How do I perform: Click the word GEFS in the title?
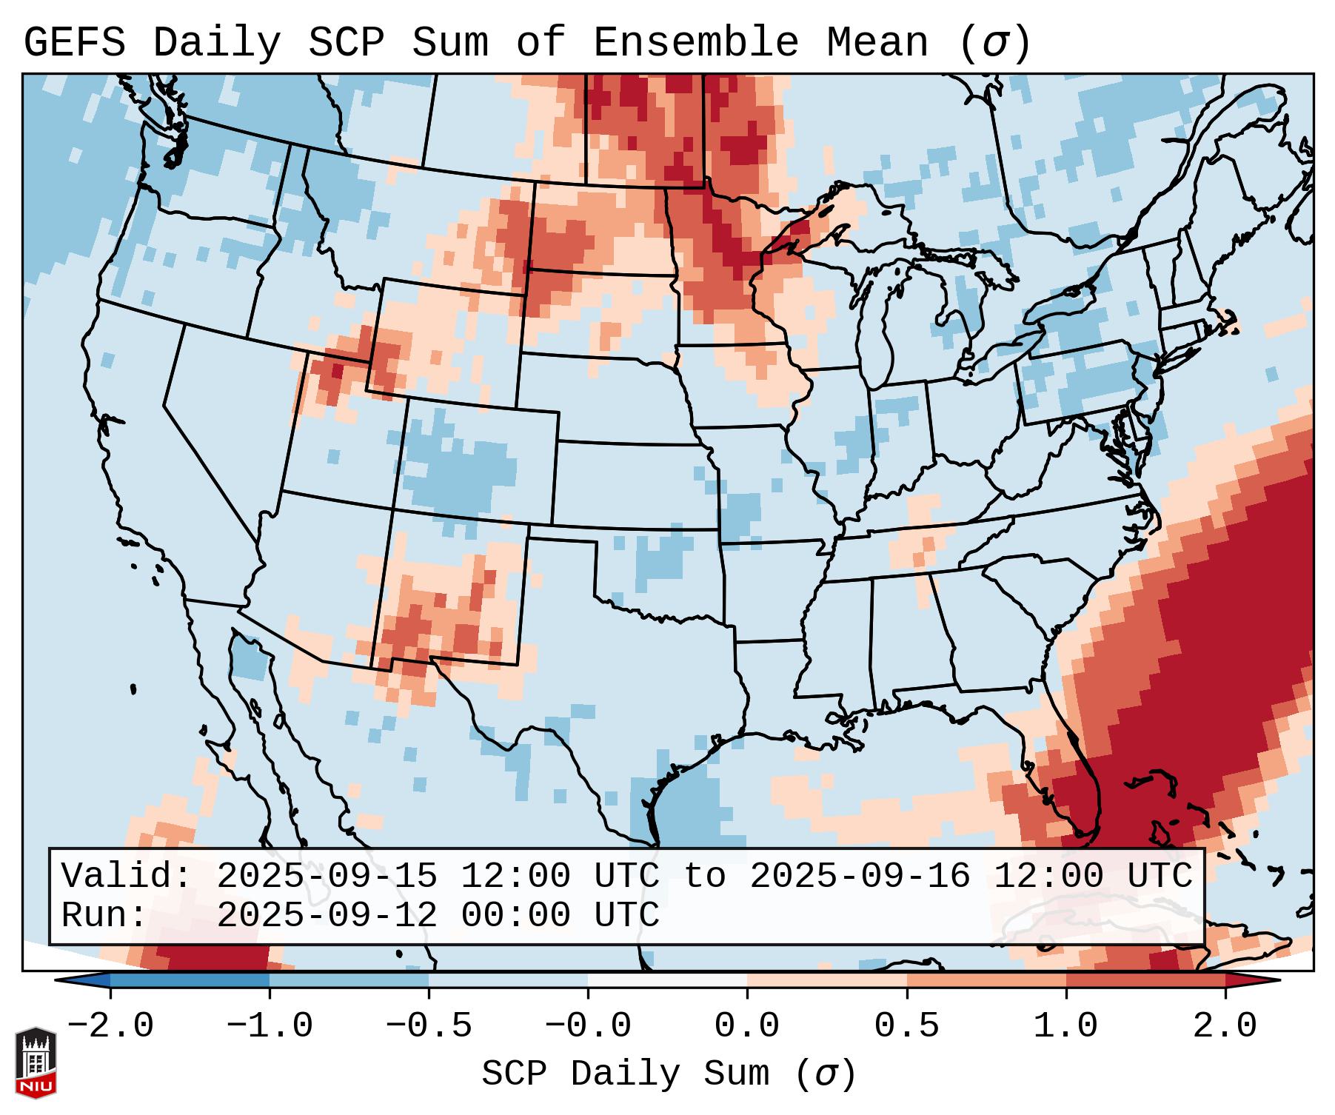tap(74, 43)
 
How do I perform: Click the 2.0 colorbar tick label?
tap(1225, 1026)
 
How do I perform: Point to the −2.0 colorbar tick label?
tap(110, 1026)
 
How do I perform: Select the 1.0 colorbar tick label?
tap(1065, 1026)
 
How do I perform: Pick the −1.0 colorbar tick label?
tap(270, 1026)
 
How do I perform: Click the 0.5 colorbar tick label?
tap(906, 1026)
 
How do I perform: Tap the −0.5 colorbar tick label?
tap(429, 1026)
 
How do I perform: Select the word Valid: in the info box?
tap(127, 876)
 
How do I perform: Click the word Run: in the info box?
tap(104, 915)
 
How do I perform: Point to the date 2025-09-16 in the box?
tap(860, 876)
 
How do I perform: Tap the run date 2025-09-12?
tap(327, 915)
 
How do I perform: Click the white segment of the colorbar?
tap(667, 980)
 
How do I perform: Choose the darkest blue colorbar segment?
tap(190, 980)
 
